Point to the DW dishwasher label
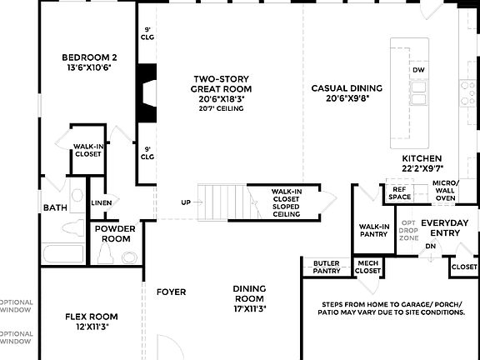point(418,70)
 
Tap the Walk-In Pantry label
point(374,230)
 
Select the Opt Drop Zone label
point(408,230)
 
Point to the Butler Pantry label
point(326,267)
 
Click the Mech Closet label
point(367,267)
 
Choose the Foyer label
point(171,292)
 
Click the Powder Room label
point(115,233)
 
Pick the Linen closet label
point(102,203)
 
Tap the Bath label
point(55,207)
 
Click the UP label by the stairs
point(187,202)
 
